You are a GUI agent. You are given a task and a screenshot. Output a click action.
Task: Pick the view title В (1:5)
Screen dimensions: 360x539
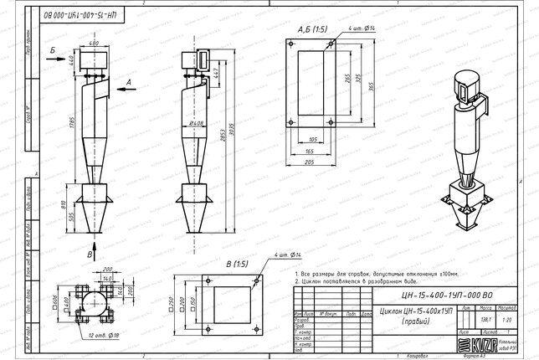tap(238, 265)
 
